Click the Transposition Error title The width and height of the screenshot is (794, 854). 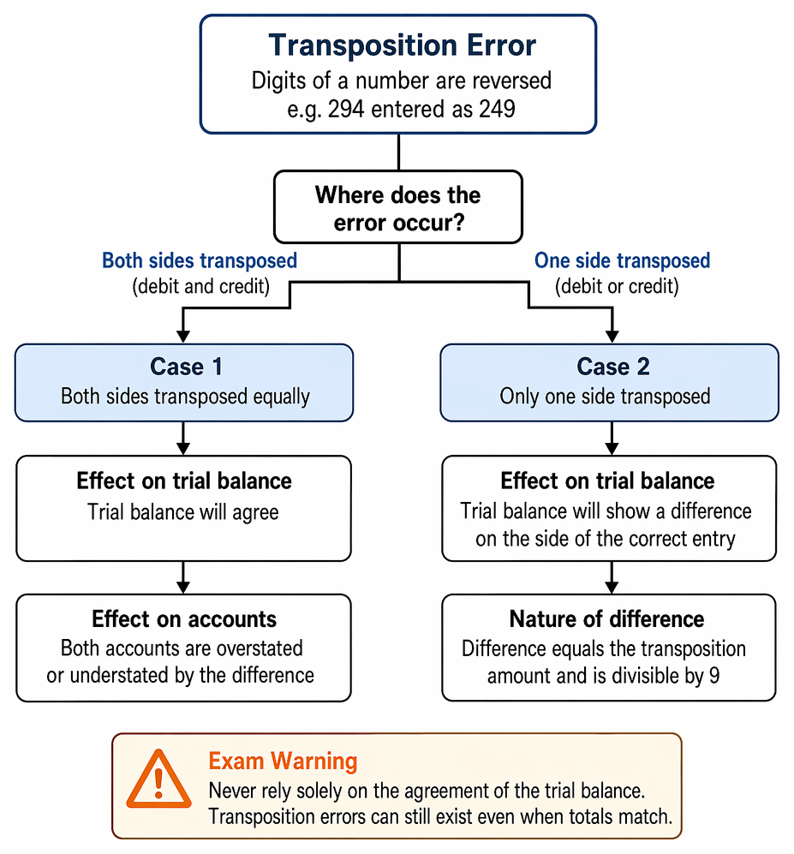point(402,45)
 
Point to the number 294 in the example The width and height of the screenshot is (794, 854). point(346,109)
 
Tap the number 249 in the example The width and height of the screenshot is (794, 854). point(497,109)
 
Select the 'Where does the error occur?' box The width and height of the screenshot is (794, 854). point(398,207)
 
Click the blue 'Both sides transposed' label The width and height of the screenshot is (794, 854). point(200,260)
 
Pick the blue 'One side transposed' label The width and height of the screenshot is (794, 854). point(622,260)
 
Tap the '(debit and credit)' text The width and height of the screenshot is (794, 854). point(201,286)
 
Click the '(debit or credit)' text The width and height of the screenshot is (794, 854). point(617,286)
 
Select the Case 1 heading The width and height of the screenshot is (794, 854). point(186,367)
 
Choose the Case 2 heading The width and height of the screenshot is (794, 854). point(613,367)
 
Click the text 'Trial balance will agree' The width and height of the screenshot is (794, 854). point(183,512)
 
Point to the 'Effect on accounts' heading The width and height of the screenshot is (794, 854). point(184,619)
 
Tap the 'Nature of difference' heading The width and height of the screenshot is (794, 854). point(606,619)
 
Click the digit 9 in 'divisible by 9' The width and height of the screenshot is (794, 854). point(714,675)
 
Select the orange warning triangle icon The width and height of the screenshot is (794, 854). point(159,779)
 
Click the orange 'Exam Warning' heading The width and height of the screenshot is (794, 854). point(283,761)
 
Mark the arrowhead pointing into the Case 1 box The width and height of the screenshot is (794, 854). point(183,336)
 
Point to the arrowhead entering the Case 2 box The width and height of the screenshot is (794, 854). point(612,336)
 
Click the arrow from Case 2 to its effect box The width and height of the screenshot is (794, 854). point(612,438)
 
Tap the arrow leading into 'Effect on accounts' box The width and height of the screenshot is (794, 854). point(183,577)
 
